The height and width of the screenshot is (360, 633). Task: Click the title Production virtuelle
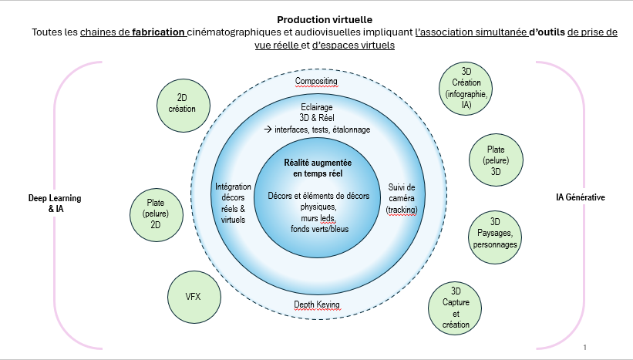pos(316,19)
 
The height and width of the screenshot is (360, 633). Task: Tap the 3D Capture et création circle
pos(456,308)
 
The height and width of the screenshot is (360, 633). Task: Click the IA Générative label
pos(581,197)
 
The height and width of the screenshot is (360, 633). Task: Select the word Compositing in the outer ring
pos(316,81)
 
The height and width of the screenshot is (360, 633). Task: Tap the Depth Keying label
pos(316,305)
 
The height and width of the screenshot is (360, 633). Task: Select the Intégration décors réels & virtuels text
pos(233,204)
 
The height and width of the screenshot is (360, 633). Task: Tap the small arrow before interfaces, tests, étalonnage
pos(268,130)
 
